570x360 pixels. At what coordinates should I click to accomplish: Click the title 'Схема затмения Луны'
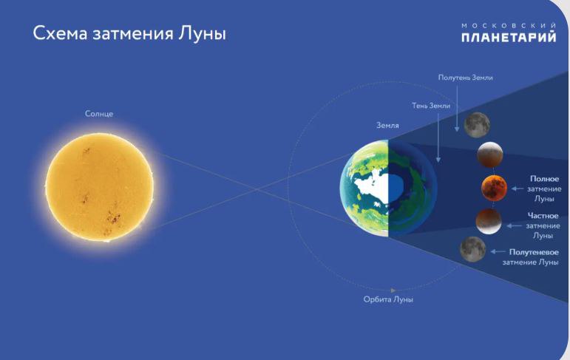[129, 34]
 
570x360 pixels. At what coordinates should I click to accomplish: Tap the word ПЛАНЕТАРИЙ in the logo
[509, 37]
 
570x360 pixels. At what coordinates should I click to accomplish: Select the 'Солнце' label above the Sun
[99, 114]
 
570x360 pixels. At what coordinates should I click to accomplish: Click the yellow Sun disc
[99, 187]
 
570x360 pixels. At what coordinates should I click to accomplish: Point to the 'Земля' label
[387, 126]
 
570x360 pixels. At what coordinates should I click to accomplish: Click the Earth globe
[388, 189]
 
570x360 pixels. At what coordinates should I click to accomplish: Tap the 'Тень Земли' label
[431, 106]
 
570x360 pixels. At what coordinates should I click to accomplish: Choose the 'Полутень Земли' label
[465, 78]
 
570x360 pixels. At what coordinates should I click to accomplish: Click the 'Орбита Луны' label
[388, 299]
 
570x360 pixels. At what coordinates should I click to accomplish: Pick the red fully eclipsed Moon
[494, 188]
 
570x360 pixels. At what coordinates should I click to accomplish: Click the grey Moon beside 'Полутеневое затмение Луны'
[472, 249]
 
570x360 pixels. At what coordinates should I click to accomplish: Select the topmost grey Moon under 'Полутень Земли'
[477, 125]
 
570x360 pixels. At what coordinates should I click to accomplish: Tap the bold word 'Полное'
[544, 179]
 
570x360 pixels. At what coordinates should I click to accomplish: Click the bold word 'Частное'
[543, 216]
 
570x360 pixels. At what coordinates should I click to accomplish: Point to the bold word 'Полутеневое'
[534, 252]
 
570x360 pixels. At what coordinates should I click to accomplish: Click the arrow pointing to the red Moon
[518, 189]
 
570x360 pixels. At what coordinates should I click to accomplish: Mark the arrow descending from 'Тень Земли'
[438, 137]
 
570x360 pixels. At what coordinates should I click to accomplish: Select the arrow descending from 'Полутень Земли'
[457, 107]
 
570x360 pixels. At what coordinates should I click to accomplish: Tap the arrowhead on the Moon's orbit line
[393, 291]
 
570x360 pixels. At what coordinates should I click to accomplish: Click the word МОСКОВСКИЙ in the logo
[509, 25]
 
